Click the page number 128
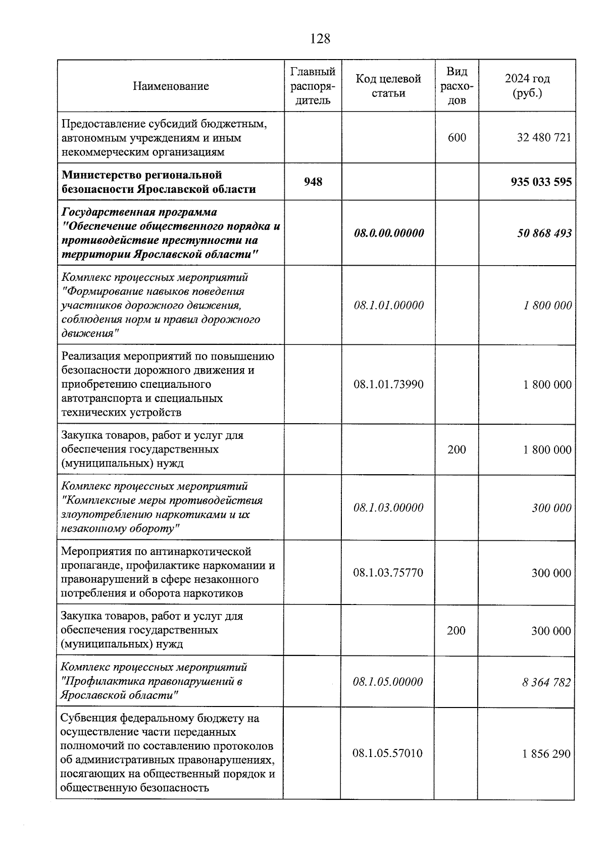(320, 38)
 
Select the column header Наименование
(171, 86)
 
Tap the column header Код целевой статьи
(388, 86)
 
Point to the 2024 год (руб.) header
(527, 86)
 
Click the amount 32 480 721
(544, 137)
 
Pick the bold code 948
(313, 182)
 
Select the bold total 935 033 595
(541, 182)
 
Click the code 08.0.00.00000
(388, 233)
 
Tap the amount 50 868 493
(544, 233)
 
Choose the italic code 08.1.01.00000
(388, 305)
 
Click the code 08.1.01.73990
(388, 384)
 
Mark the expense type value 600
(457, 137)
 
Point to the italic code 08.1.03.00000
(388, 508)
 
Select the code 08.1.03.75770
(388, 573)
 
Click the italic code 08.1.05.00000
(388, 682)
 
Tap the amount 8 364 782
(546, 682)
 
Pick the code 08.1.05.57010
(387, 753)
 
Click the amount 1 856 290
(546, 754)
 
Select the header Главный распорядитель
(313, 86)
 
